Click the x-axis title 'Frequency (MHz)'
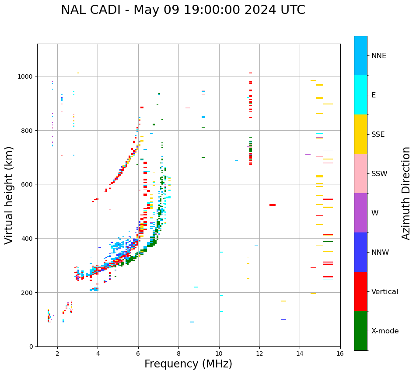pos(188,364)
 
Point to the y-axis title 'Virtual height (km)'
pos(9,195)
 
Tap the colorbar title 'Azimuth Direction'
pos(406,193)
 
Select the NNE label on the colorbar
pos(379,56)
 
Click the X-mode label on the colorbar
pos(385,331)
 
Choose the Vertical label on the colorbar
pos(385,292)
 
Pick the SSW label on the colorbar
pos(379,174)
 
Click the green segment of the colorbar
pos(360,331)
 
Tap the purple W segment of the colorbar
pos(360,213)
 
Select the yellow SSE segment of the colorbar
pos(360,134)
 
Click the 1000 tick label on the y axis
pos(26,76)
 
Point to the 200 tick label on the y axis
pos(28,293)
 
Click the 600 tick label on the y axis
pos(28,184)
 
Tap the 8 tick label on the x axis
pos(178,354)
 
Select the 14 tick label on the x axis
pos(300,354)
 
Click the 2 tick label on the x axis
pos(57,354)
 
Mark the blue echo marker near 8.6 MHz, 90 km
pos(192,322)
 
